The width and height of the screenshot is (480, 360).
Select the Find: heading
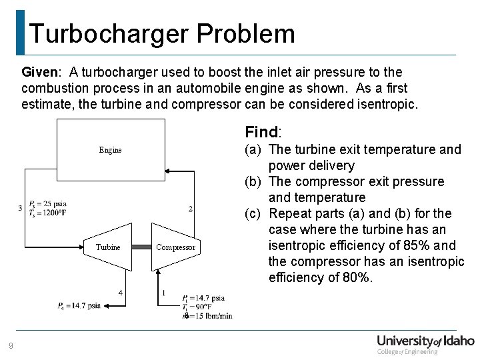(x=267, y=131)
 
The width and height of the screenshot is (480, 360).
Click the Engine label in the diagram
(x=110, y=150)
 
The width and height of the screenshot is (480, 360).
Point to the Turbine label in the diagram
(x=108, y=247)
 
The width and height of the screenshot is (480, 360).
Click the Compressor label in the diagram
(x=175, y=247)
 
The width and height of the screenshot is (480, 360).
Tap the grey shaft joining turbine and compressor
(x=141, y=247)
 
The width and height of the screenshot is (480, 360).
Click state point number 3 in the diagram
(x=20, y=208)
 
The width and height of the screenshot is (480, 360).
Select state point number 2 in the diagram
(x=191, y=209)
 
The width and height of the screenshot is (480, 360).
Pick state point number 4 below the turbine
(x=120, y=292)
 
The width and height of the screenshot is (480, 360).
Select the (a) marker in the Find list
(x=253, y=150)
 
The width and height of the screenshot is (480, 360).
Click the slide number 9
(x=10, y=345)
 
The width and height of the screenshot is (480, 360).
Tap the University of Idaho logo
(x=425, y=343)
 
